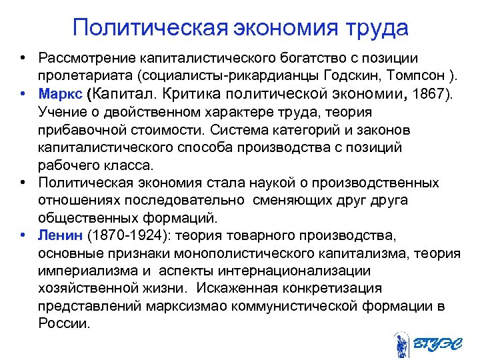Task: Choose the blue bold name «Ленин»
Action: (60, 235)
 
